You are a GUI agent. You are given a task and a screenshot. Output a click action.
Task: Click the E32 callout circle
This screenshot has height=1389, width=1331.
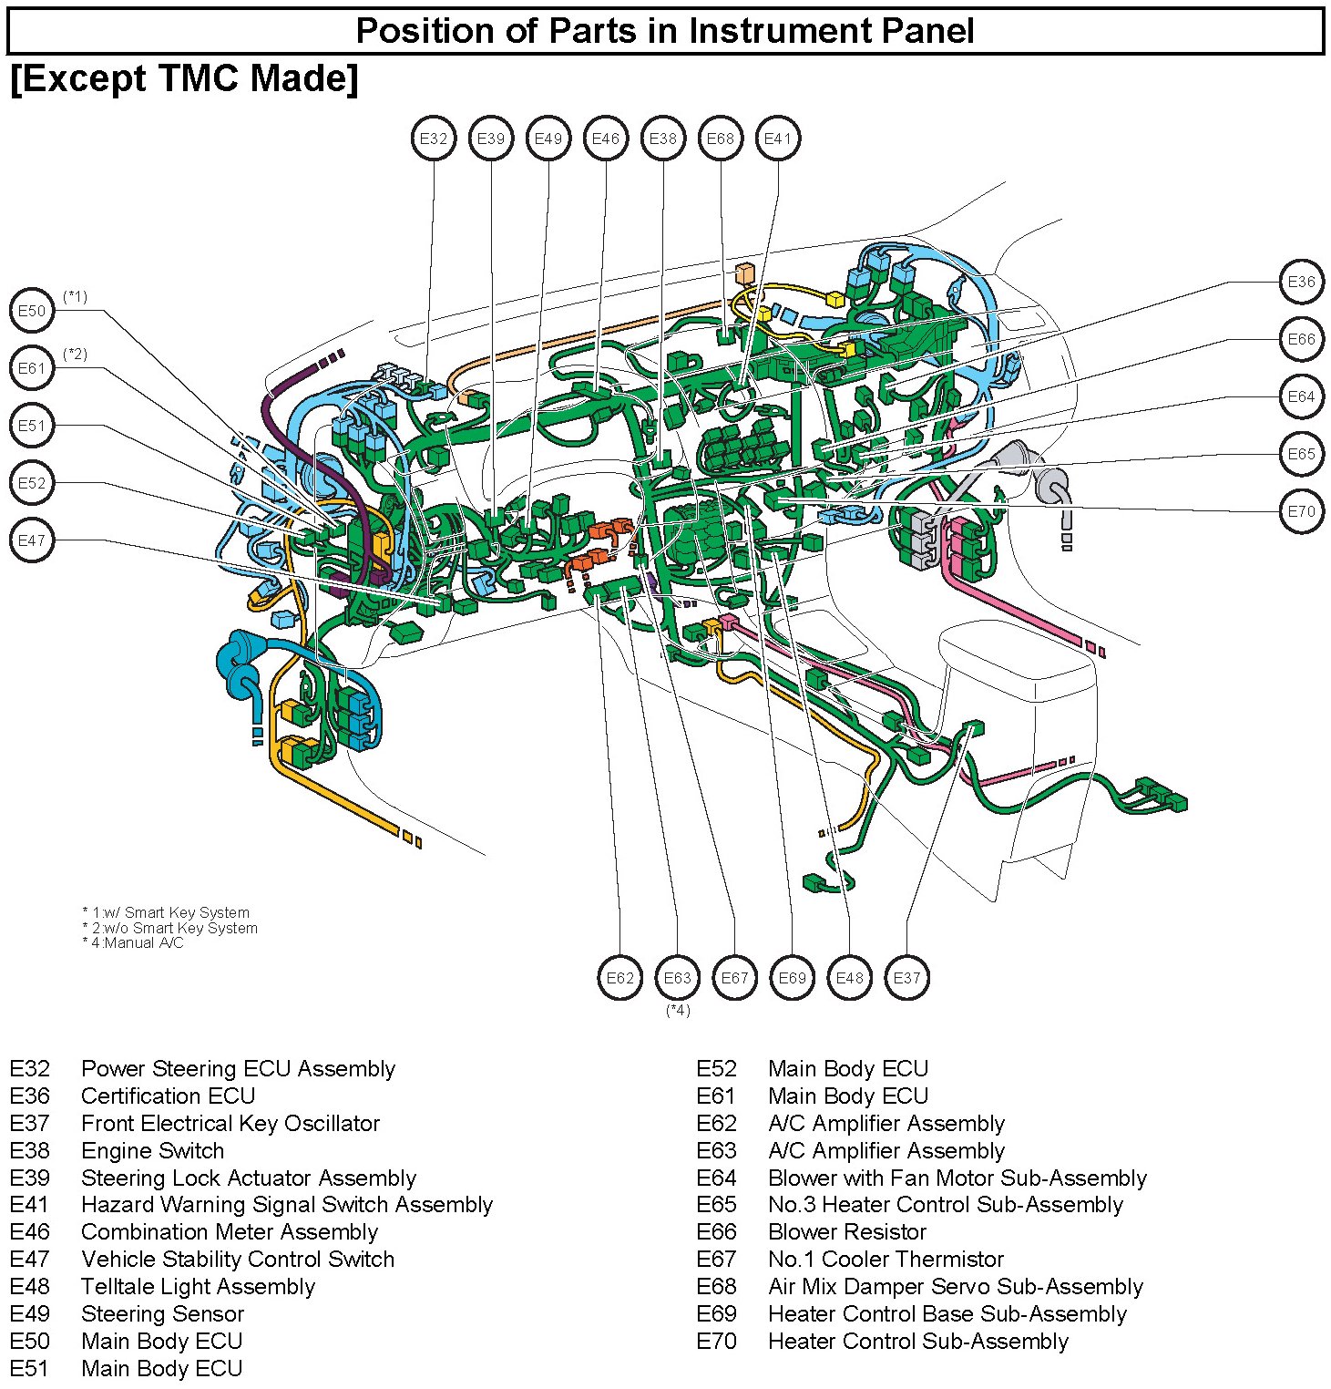pos(434,139)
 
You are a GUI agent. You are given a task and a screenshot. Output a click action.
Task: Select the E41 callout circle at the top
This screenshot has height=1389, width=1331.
pos(778,139)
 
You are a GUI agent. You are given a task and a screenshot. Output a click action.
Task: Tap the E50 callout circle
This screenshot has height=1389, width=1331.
pos(32,311)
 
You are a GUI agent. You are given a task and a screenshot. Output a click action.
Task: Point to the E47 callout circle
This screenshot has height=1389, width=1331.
pos(32,540)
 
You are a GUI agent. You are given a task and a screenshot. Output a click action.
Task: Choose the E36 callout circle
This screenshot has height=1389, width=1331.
pos(1301,282)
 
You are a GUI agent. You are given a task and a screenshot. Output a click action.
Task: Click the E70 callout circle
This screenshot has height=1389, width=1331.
pos(1301,511)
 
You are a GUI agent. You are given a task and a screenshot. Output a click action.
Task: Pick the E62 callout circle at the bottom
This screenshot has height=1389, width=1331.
pos(620,978)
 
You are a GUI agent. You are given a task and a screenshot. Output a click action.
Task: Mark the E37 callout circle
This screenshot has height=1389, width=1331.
pos(907,978)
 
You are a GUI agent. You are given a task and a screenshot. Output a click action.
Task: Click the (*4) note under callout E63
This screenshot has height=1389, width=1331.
pos(678,1010)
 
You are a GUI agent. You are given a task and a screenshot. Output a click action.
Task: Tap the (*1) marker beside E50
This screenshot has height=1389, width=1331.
pos(76,296)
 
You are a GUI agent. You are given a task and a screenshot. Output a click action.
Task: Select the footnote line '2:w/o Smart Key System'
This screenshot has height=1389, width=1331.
pos(170,928)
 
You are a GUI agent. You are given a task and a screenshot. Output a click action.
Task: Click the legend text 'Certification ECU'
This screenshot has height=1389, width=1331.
pos(168,1096)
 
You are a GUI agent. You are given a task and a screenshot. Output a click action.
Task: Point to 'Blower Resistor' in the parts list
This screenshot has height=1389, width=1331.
pos(846,1232)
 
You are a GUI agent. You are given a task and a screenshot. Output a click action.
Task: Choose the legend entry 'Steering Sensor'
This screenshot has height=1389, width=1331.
pos(162,1313)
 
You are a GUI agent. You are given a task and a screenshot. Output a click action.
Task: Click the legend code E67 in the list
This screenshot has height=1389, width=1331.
pos(716,1260)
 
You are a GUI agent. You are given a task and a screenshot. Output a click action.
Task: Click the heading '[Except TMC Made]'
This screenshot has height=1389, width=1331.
pos(184,78)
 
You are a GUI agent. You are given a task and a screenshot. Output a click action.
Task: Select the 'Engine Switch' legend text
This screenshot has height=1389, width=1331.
pos(152,1150)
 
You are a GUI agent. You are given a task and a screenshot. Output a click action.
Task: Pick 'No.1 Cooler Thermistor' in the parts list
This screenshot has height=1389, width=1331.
pos(885,1260)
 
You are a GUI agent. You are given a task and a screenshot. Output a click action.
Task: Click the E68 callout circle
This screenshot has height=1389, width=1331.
pos(721,139)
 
